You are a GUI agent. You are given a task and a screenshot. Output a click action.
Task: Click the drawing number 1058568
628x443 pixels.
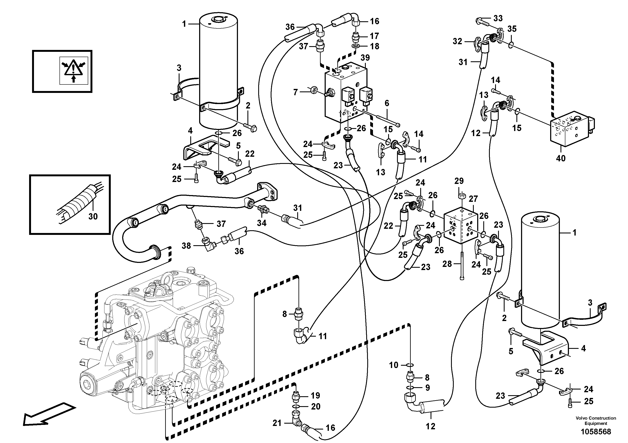tap(596, 432)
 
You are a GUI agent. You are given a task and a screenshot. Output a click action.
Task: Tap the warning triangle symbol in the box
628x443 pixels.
tap(73, 70)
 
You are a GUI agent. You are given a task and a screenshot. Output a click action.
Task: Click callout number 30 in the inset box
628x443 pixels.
tap(93, 216)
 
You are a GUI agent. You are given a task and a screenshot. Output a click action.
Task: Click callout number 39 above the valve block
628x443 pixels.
tap(365, 58)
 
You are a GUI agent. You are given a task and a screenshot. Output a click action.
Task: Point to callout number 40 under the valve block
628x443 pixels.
tap(561, 158)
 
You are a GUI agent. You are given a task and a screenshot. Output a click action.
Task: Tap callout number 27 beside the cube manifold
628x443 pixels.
tap(473, 199)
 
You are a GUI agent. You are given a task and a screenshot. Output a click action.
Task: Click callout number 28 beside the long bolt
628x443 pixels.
tap(447, 264)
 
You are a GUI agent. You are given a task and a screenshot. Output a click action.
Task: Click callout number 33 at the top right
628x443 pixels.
tap(498, 18)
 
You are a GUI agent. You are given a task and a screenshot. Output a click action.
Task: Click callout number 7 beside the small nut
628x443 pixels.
tap(295, 92)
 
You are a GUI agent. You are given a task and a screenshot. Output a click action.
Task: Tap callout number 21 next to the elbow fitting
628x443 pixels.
tap(277, 423)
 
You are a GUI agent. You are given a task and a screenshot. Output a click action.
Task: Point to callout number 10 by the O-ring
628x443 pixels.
tap(394, 365)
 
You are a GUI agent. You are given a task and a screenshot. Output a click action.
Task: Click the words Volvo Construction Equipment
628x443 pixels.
tap(596, 421)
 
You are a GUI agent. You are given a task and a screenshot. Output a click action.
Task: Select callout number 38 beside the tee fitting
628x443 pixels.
tap(186, 246)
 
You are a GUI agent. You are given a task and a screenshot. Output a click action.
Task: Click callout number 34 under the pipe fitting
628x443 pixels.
tap(262, 223)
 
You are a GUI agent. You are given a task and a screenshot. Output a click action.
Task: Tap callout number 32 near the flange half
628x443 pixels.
tap(457, 41)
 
